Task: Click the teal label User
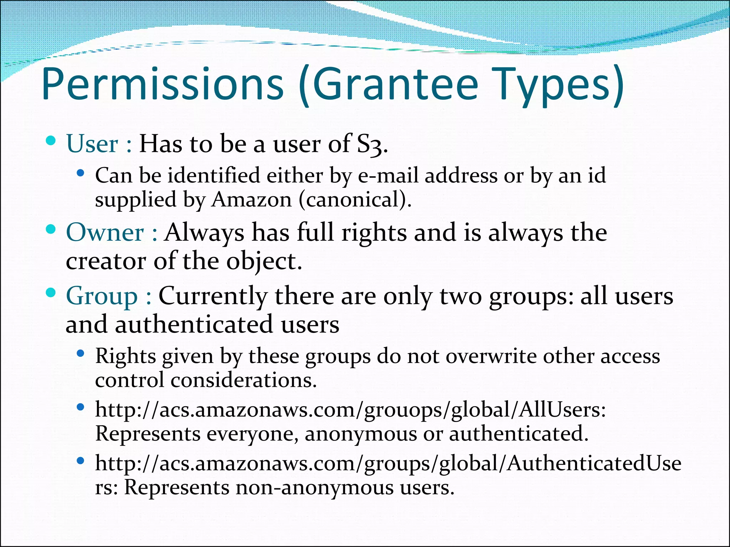92,144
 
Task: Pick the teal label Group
102,296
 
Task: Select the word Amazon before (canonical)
252,199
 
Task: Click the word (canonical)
355,199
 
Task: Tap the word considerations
243,380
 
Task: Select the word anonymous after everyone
360,434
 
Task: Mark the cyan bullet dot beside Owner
51,230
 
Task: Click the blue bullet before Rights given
80,354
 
